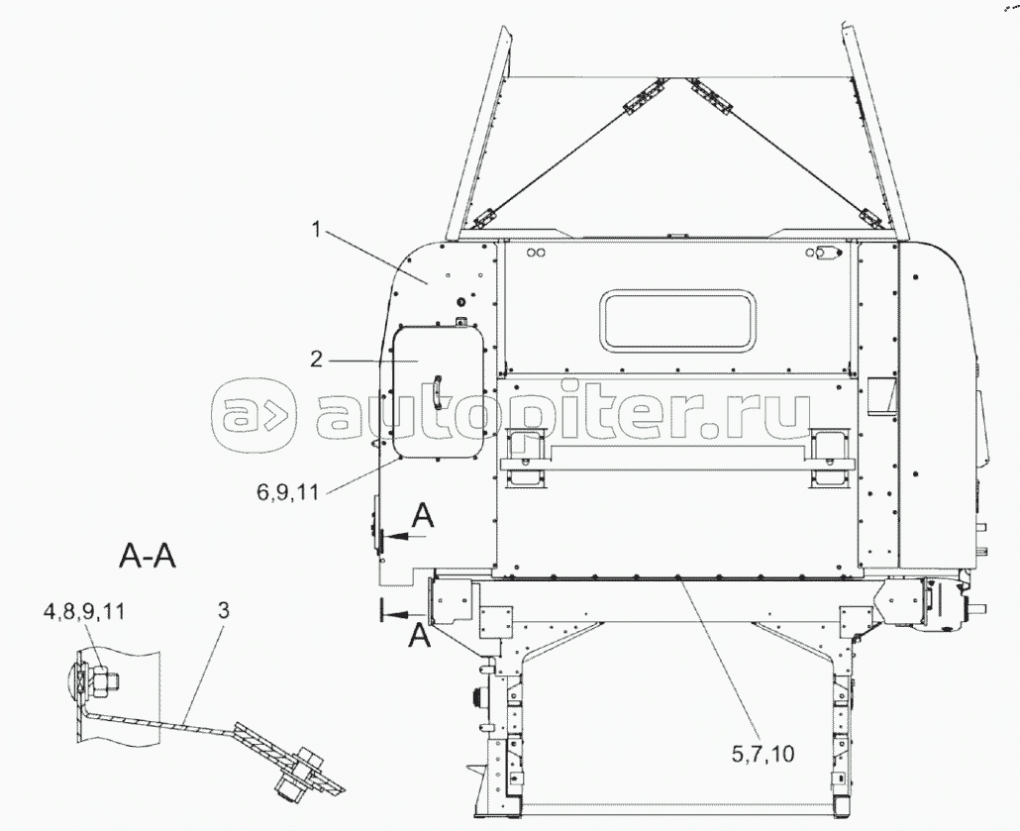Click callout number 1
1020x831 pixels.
click(317, 231)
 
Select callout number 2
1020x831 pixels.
click(316, 359)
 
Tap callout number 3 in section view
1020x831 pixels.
click(223, 610)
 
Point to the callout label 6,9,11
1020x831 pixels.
click(287, 492)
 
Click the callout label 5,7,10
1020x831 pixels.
click(764, 754)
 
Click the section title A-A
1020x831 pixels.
click(148, 557)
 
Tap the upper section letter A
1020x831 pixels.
click(423, 517)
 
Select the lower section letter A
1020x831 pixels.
click(419, 635)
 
